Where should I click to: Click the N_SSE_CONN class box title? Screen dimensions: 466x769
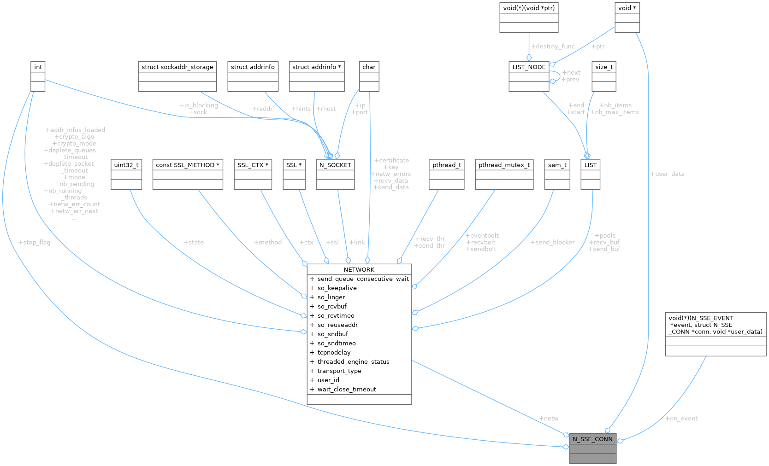click(x=592, y=439)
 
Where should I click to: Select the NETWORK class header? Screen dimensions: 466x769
click(x=359, y=269)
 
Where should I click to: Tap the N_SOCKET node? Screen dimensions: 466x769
click(x=335, y=165)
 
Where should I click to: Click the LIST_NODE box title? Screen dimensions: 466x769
click(x=529, y=67)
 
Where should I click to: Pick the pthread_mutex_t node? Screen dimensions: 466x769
click(x=504, y=165)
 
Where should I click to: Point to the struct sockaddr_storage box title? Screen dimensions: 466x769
click(x=177, y=67)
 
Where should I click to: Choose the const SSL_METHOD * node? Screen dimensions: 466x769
click(x=188, y=165)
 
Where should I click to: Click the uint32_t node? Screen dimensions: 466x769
click(x=126, y=165)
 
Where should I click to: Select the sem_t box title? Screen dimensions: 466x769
click(x=557, y=165)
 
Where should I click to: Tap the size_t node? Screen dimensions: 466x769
click(x=604, y=67)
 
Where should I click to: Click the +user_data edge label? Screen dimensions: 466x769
click(x=667, y=174)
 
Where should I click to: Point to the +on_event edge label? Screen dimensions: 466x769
click(x=681, y=419)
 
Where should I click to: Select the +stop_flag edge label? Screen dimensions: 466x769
click(x=34, y=242)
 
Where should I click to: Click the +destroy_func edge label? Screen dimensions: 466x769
click(x=552, y=47)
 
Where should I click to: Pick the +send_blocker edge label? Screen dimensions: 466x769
click(x=552, y=242)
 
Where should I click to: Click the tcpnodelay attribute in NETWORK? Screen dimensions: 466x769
click(x=334, y=352)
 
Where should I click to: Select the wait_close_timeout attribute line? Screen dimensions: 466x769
click(x=347, y=389)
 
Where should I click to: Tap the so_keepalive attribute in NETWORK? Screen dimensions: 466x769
click(x=337, y=288)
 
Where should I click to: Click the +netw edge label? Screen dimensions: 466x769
click(x=549, y=419)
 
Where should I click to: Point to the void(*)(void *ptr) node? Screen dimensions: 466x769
click(x=529, y=8)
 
